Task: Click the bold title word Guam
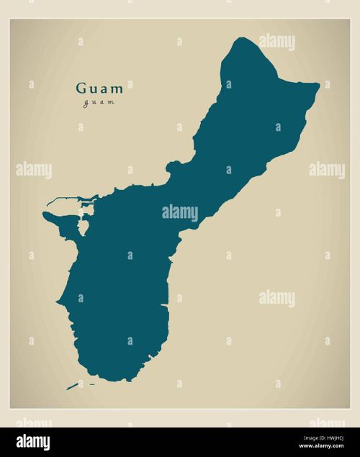point(99,89)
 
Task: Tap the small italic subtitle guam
point(99,102)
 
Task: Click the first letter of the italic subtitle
point(86,103)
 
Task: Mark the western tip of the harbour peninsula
point(45,214)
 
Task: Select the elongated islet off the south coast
point(72,386)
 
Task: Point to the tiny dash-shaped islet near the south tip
point(92,384)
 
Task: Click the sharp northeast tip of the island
point(318,86)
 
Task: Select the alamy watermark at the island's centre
point(179,213)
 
